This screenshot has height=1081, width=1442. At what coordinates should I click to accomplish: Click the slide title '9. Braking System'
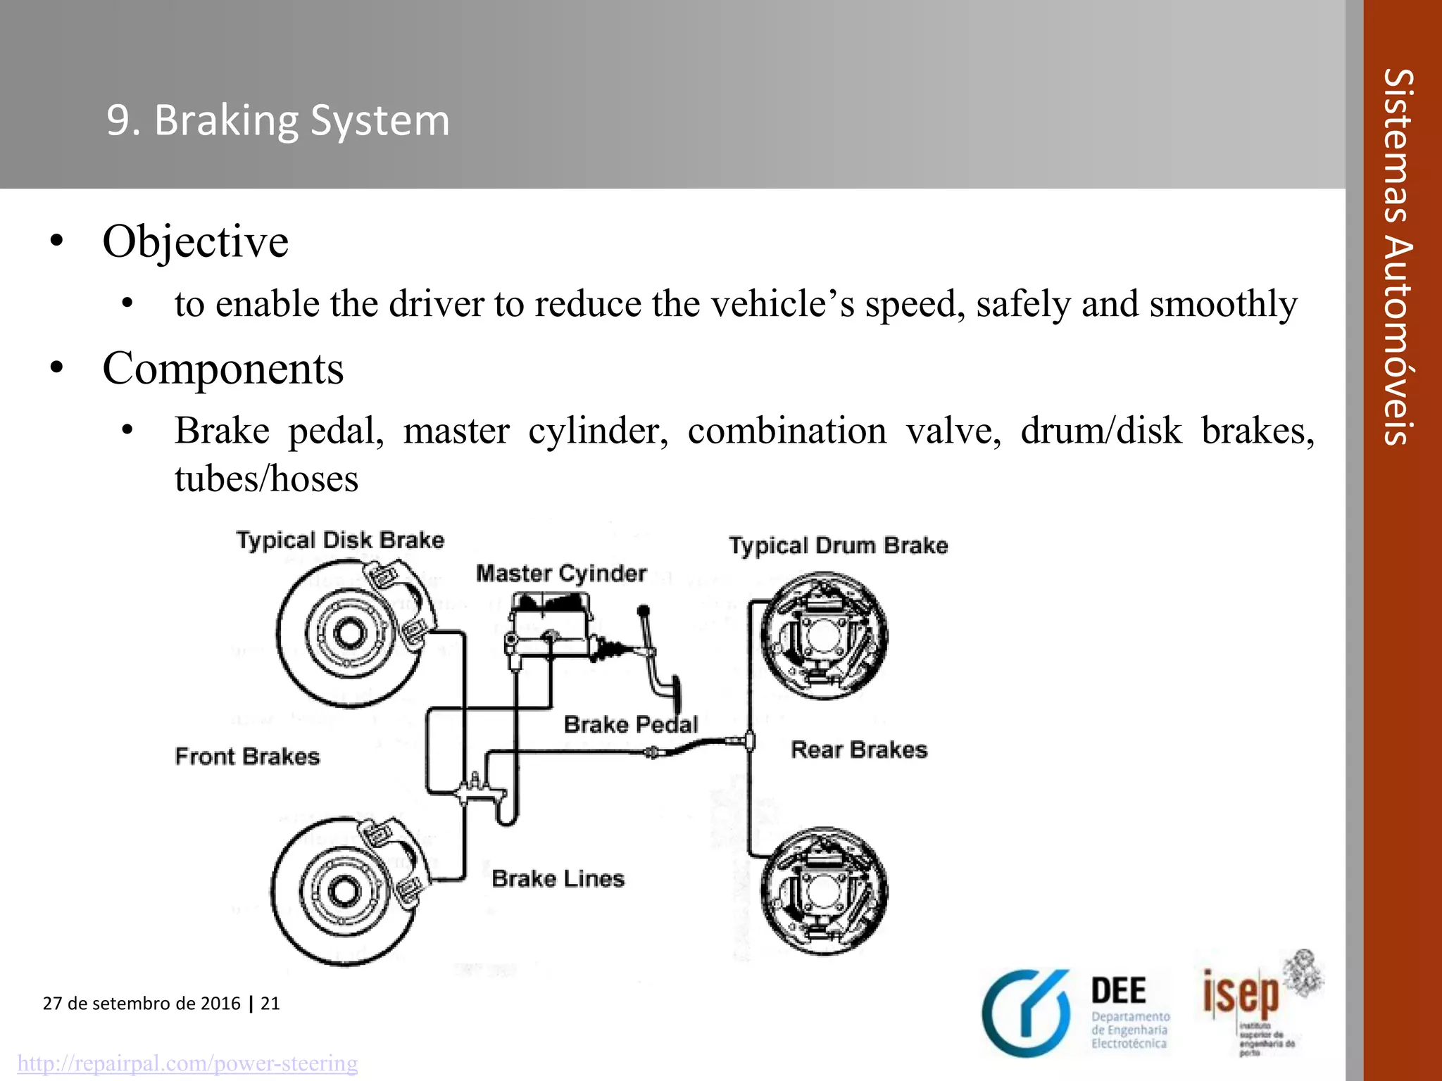[x=278, y=120]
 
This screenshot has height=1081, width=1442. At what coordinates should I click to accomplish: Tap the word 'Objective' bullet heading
[x=195, y=241]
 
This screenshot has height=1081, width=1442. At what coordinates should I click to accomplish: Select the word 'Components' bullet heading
[x=222, y=368]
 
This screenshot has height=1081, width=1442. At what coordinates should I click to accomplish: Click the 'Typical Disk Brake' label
[x=340, y=540]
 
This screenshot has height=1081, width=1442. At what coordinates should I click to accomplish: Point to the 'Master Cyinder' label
[x=560, y=574]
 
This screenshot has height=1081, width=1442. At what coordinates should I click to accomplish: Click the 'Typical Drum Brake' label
[x=838, y=546]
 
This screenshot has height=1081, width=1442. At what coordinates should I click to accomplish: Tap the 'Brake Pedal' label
[x=630, y=725]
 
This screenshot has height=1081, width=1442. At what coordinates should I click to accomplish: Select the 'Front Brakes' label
[x=247, y=757]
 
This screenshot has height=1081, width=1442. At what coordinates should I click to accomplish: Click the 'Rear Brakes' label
[x=859, y=750]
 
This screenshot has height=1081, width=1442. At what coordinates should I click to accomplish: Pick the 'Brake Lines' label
[x=558, y=879]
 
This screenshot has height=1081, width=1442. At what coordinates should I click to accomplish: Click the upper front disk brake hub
[x=348, y=633]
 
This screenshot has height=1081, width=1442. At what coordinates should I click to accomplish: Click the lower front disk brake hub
[x=343, y=891]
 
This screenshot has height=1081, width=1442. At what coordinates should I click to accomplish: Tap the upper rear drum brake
[x=823, y=636]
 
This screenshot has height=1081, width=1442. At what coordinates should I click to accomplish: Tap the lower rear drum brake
[x=823, y=891]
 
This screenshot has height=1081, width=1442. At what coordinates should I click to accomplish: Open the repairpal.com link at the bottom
[x=187, y=1063]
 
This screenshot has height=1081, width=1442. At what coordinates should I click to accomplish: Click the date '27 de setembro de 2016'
[x=142, y=1004]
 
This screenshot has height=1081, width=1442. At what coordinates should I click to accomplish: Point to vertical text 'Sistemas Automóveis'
[x=1398, y=257]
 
